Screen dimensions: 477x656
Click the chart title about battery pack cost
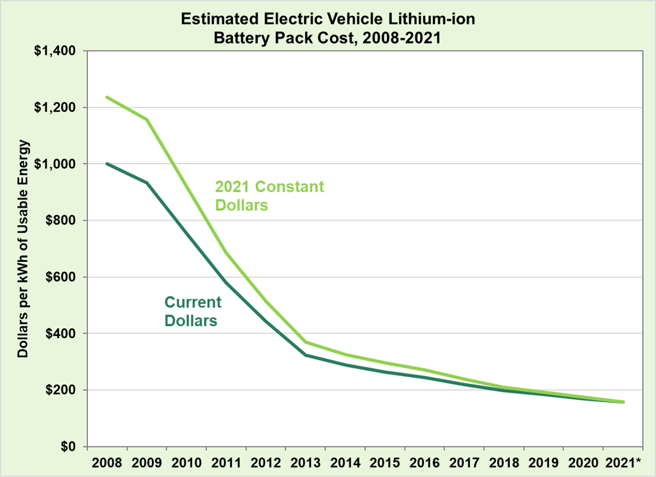click(327, 29)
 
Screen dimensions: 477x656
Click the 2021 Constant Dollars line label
click(269, 196)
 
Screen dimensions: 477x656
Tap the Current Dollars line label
click(192, 311)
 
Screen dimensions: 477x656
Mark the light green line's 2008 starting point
click(107, 97)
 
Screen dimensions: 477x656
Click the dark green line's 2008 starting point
click(107, 164)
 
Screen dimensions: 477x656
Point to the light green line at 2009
click(147, 120)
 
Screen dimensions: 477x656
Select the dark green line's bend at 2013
click(305, 355)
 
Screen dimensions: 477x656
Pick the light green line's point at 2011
click(226, 252)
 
